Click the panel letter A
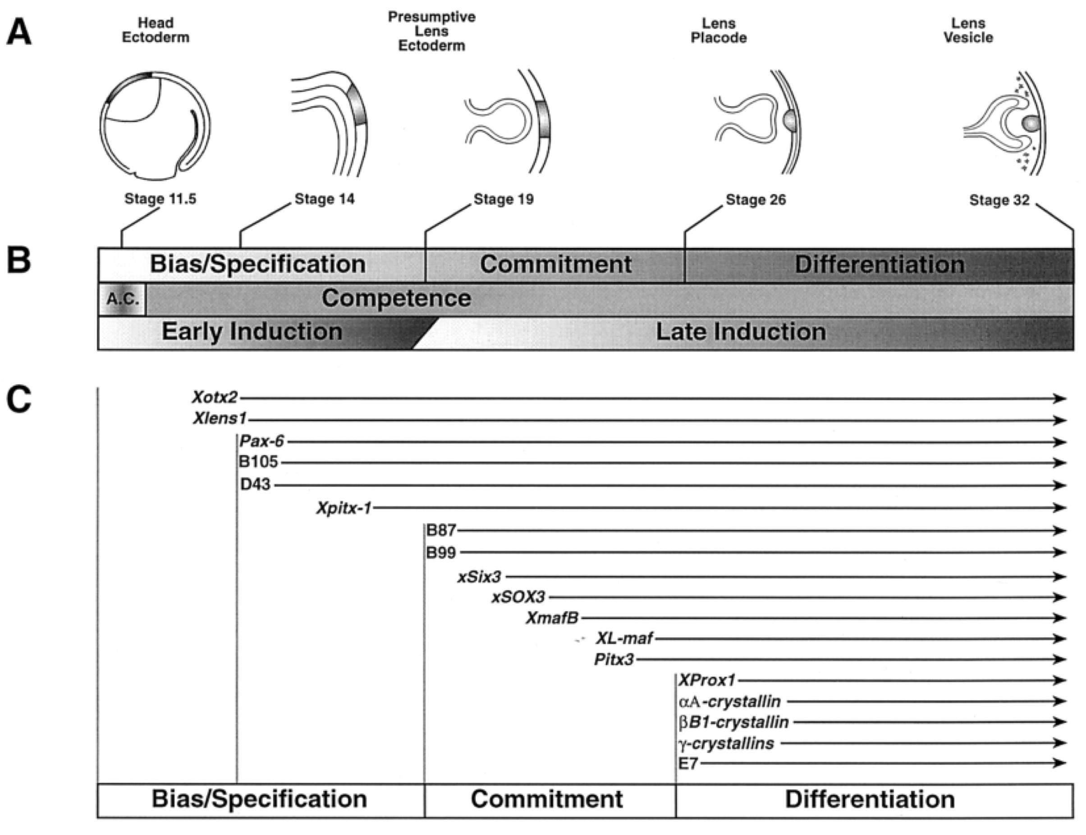click(x=19, y=34)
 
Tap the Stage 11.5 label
click(x=160, y=199)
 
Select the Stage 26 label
click(x=755, y=200)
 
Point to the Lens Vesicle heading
click(x=968, y=30)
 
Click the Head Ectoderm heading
click(x=156, y=30)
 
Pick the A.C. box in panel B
click(x=122, y=300)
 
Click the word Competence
click(x=396, y=298)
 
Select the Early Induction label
click(x=252, y=332)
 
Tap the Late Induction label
click(x=740, y=332)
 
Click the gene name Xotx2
click(x=215, y=397)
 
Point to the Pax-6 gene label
click(x=261, y=441)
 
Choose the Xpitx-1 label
click(x=344, y=508)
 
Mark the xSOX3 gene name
click(x=518, y=597)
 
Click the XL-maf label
click(x=624, y=638)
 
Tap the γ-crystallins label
click(x=726, y=744)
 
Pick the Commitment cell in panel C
click(x=546, y=800)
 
